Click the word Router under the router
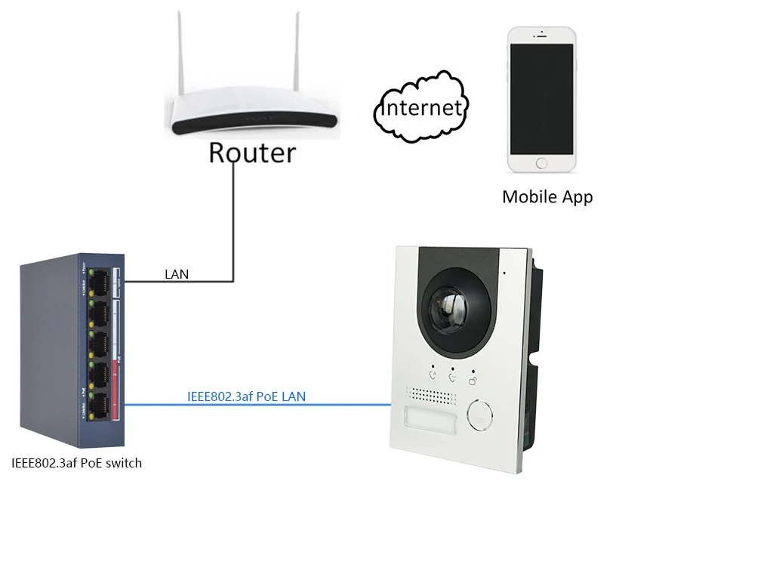point(252,153)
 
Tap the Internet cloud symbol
point(421,106)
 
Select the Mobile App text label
point(547,197)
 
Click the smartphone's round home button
point(541,163)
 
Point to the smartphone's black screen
point(541,99)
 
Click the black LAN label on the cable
point(177,274)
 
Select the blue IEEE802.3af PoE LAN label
point(247,396)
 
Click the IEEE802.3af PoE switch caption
point(76,463)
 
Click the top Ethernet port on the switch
point(99,282)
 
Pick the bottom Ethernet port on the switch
point(99,406)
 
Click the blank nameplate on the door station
point(430,417)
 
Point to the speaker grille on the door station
point(430,395)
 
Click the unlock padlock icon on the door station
point(473,381)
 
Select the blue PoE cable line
point(257,405)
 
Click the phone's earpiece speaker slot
point(541,36)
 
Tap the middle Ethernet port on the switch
point(99,344)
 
